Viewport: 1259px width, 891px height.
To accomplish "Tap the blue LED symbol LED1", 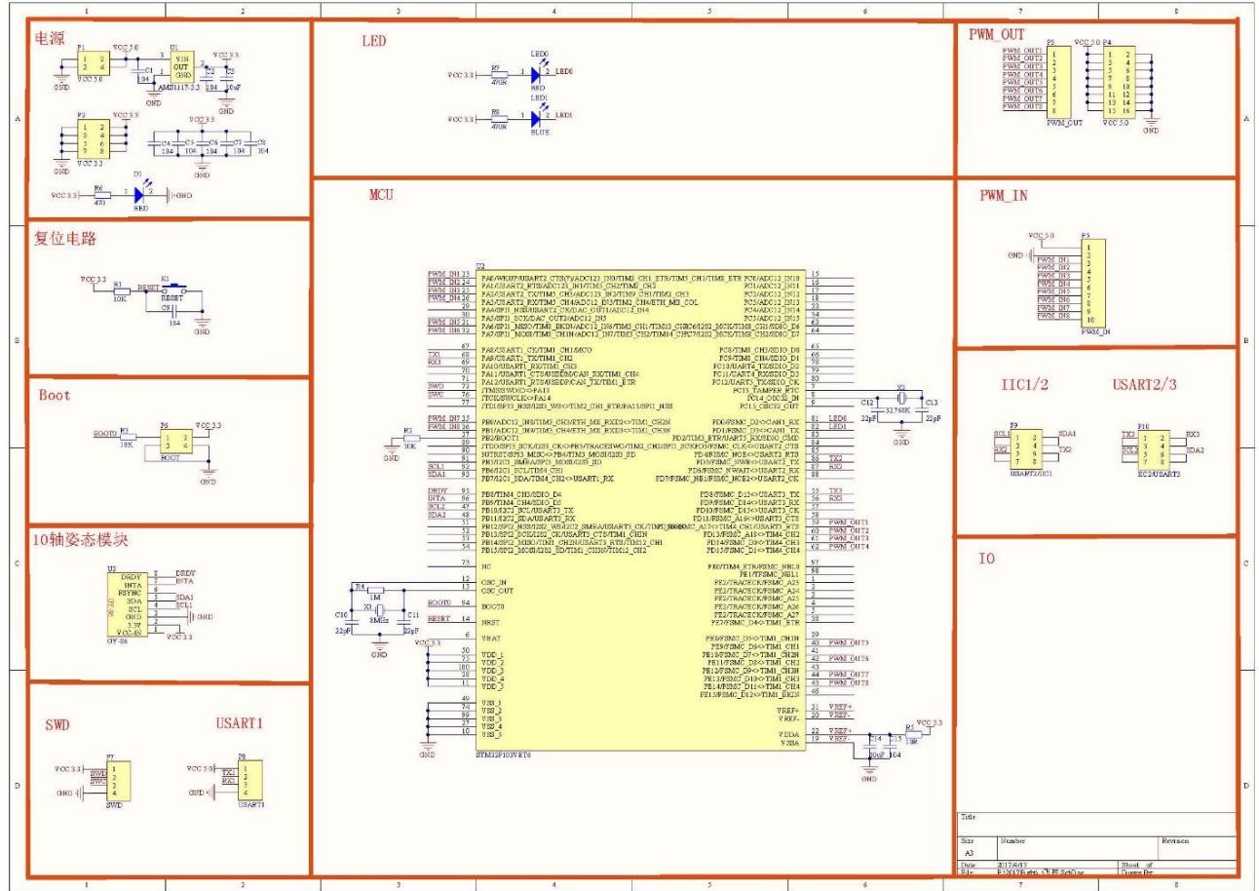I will coord(534,119).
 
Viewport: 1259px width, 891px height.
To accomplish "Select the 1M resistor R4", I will coord(361,588).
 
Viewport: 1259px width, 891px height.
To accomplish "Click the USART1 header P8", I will coord(250,780).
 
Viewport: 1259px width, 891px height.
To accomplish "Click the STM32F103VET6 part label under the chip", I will coord(503,755).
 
